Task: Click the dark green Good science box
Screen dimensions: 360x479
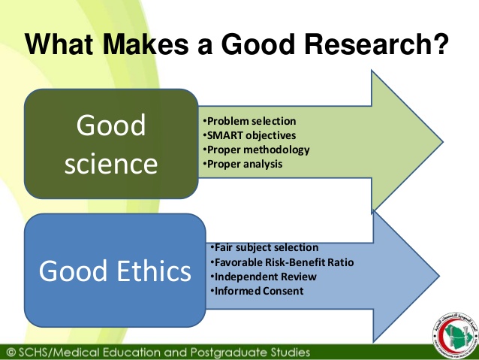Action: pyautogui.click(x=111, y=144)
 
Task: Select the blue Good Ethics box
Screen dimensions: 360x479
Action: pyautogui.click(x=115, y=270)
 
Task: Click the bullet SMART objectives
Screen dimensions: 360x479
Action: pyautogui.click(x=249, y=135)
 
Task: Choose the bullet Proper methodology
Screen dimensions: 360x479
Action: pyautogui.click(x=256, y=150)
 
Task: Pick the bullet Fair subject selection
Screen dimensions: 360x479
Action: pyautogui.click(x=264, y=247)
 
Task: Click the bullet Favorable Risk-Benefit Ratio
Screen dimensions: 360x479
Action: pyautogui.click(x=282, y=262)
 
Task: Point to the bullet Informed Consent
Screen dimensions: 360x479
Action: pyautogui.click(x=257, y=291)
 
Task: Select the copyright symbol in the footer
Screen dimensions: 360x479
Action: pyautogui.click(x=11, y=351)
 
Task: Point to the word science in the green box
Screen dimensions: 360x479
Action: pyautogui.click(x=111, y=163)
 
